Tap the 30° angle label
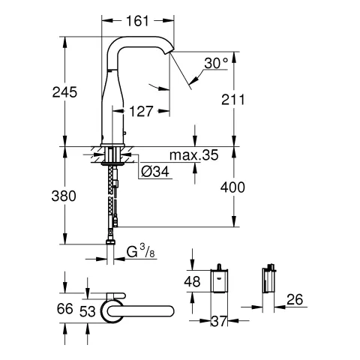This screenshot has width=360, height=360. (215, 65)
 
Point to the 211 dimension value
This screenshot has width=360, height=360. (232, 96)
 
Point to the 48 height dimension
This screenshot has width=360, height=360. (193, 283)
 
